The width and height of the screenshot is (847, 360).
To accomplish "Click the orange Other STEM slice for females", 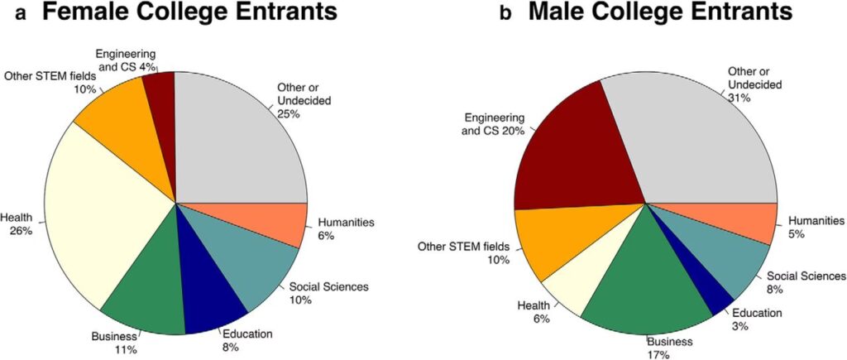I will pyautogui.click(x=124, y=141).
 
